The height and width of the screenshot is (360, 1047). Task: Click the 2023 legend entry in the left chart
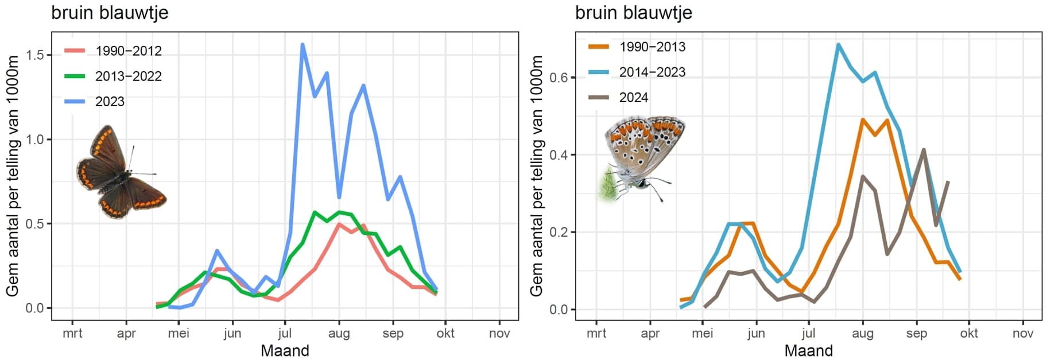click(x=109, y=102)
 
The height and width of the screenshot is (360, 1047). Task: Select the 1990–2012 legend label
click(x=128, y=51)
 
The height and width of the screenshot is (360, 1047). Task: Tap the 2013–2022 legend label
click(x=128, y=76)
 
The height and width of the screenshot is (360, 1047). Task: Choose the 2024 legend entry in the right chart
click(x=633, y=98)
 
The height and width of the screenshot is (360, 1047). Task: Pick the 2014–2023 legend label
click(x=652, y=72)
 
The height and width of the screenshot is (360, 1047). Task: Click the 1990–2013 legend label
click(x=652, y=47)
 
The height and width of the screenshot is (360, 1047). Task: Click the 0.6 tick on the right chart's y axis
click(x=559, y=78)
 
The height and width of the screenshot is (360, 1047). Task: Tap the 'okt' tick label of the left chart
click(x=445, y=334)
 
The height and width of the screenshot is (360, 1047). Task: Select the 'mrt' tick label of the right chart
click(x=596, y=334)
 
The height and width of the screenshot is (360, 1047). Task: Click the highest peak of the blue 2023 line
click(x=303, y=45)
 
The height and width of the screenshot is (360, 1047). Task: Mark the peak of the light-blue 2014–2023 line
click(x=838, y=44)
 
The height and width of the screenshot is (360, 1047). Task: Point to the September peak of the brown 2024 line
click(x=924, y=150)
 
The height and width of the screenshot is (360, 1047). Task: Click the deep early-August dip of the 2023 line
click(x=339, y=197)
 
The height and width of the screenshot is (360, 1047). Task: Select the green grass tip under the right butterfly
click(x=607, y=187)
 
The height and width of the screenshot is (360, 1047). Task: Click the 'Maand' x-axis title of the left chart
click(x=285, y=351)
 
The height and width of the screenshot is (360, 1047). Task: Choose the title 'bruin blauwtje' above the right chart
click(x=633, y=13)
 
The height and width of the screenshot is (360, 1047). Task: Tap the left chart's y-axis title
click(x=13, y=176)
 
